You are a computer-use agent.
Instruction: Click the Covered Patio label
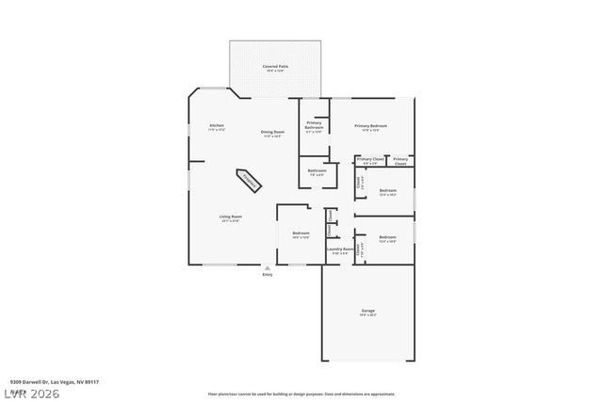275,67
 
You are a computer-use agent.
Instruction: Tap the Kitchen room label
216,125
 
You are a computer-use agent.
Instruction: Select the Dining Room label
272,132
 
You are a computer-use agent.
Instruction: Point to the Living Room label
230,217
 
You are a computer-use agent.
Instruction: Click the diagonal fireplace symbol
250,179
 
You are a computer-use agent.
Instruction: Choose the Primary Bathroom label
314,125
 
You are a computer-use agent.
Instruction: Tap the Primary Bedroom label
371,125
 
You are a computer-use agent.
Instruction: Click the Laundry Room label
340,249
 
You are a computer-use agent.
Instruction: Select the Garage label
367,310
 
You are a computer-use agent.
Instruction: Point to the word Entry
268,274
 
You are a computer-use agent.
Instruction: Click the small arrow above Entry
268,267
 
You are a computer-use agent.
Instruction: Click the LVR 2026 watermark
30,393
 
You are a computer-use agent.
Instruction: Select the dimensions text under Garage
367,314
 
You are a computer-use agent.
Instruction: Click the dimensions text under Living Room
230,221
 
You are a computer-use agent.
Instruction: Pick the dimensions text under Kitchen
216,130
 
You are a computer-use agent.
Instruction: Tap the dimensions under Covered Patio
275,72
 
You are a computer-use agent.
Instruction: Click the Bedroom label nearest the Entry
301,233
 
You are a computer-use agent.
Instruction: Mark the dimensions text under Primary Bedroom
371,130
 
